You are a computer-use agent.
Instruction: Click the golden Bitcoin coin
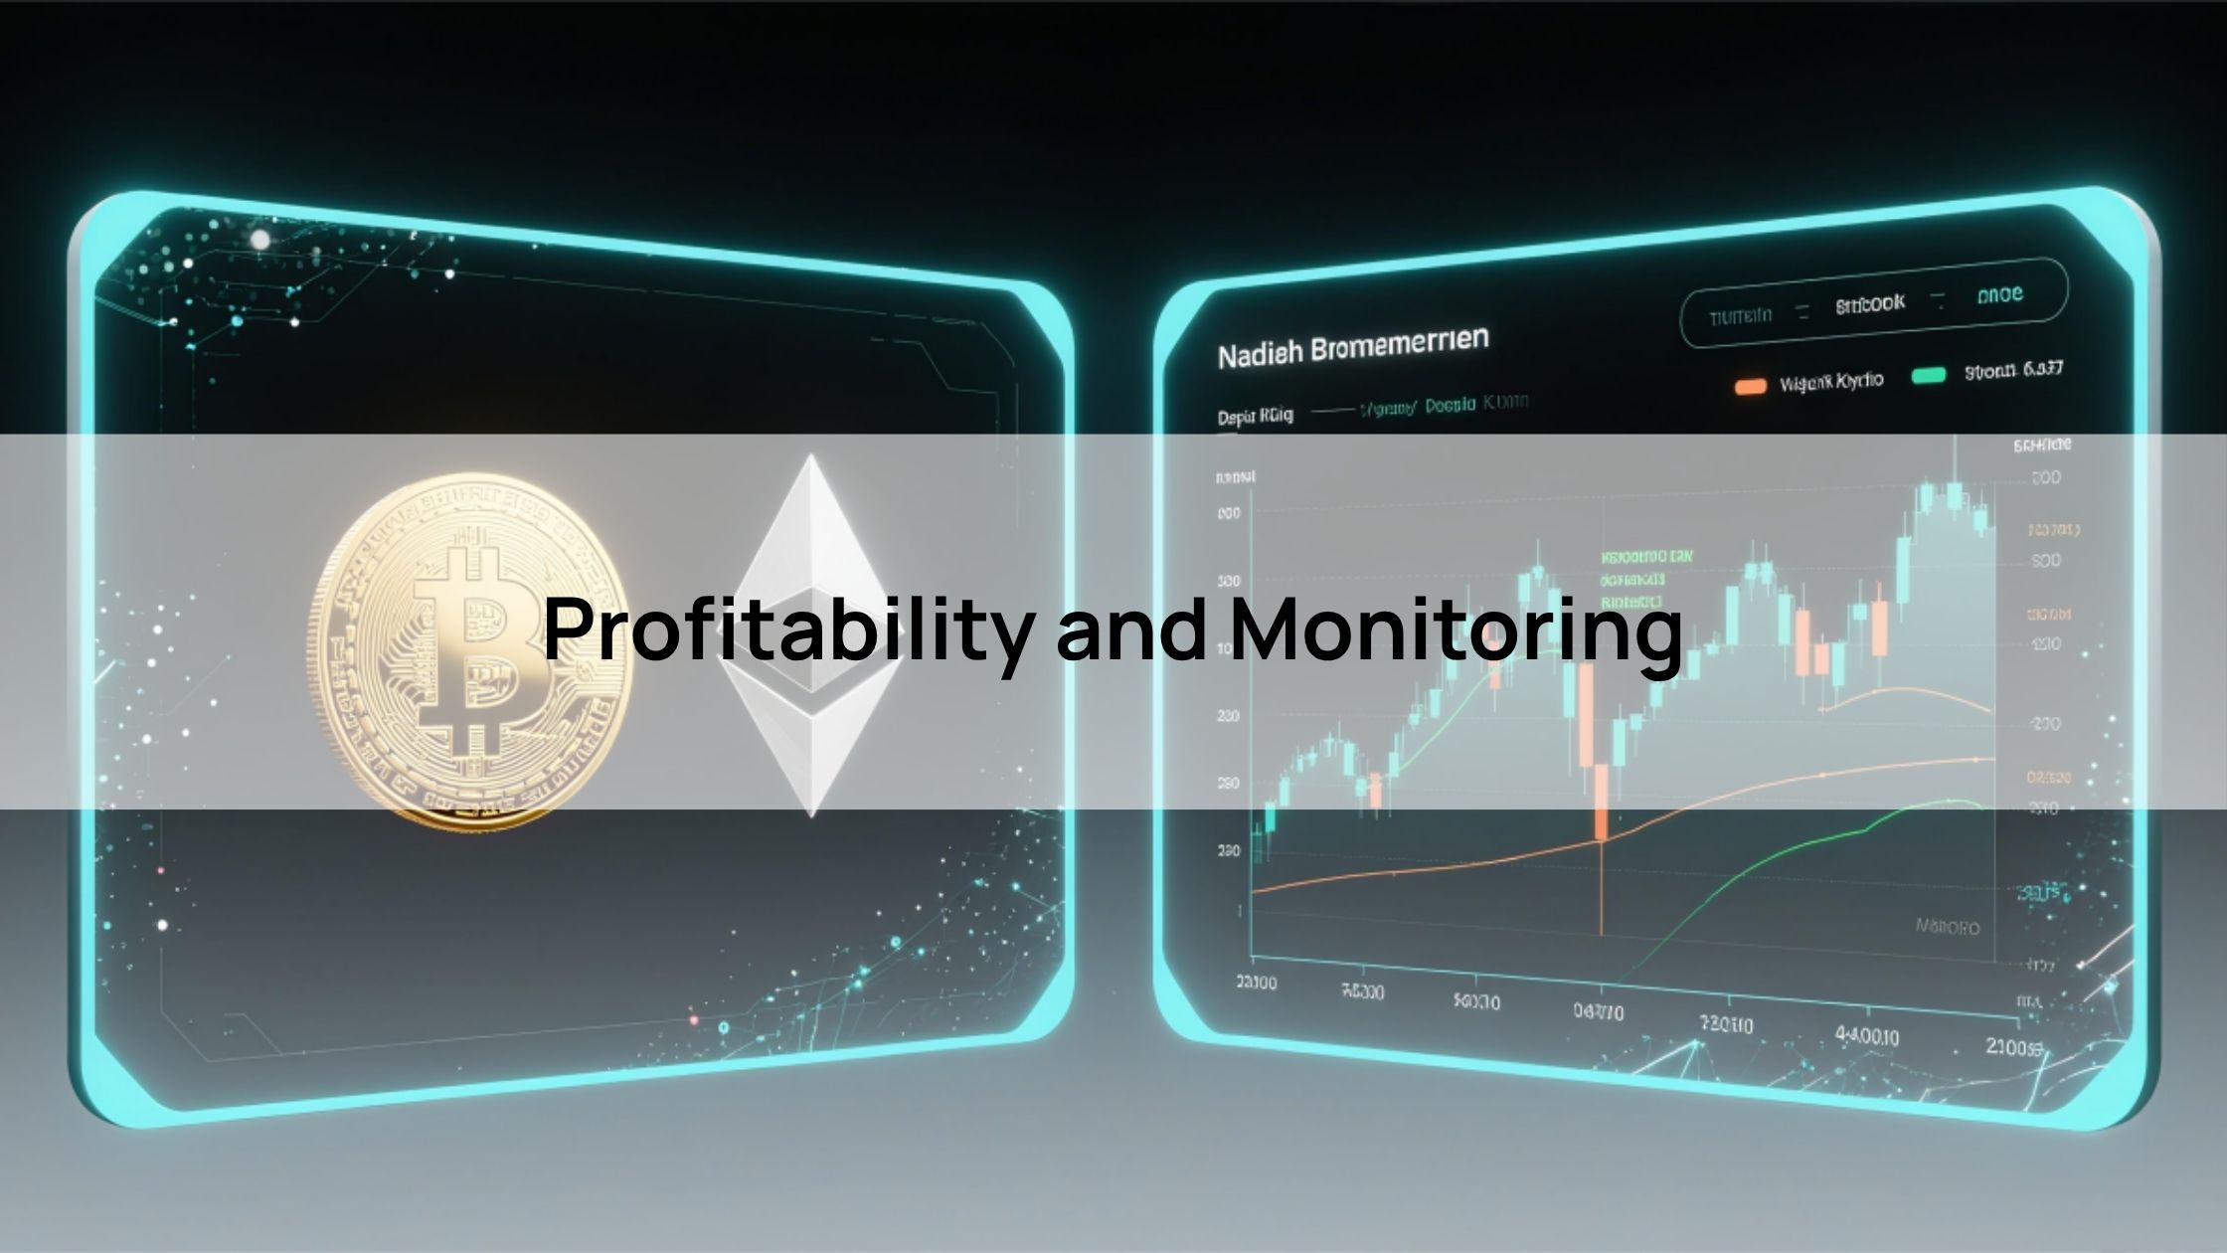(x=467, y=651)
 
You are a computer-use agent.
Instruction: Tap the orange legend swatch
(x=1750, y=386)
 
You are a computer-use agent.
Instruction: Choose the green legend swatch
(x=1929, y=376)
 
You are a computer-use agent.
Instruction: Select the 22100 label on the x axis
(x=1256, y=984)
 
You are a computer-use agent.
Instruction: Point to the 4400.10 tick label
(x=1867, y=1037)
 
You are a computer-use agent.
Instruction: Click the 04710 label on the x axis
(x=1599, y=1012)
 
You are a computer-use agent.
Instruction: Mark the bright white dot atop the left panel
(x=260, y=240)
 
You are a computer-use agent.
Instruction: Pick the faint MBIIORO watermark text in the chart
(x=1947, y=928)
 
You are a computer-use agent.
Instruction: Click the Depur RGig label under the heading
(x=1255, y=416)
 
